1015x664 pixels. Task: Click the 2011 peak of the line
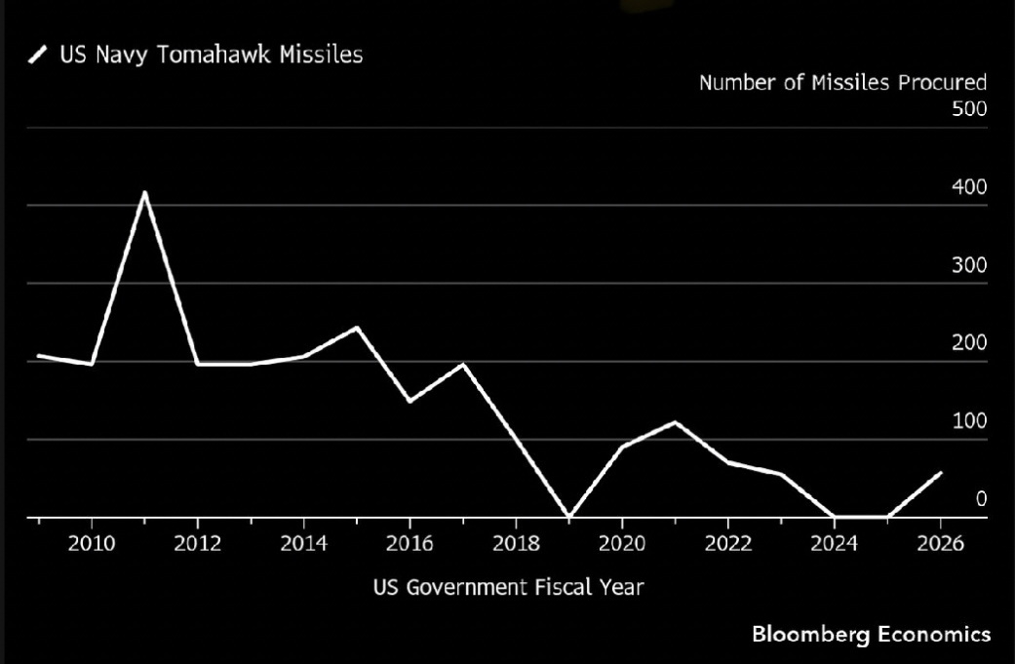click(x=144, y=193)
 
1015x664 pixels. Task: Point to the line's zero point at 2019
click(x=569, y=516)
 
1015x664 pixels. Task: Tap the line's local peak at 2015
click(x=357, y=328)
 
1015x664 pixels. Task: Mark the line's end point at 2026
click(x=941, y=473)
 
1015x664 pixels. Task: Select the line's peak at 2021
click(x=676, y=422)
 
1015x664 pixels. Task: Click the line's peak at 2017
click(x=463, y=364)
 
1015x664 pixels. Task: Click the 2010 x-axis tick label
click(x=92, y=543)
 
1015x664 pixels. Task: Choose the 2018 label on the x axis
click(x=516, y=543)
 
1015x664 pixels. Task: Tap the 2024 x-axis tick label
click(x=835, y=543)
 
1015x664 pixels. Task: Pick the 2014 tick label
click(x=304, y=543)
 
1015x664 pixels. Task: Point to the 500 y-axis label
click(x=969, y=108)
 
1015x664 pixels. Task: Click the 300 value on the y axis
click(x=969, y=265)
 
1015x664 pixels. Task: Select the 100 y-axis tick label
click(x=969, y=421)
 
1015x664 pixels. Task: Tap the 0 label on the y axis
click(x=981, y=499)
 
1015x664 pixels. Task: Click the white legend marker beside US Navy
click(x=38, y=56)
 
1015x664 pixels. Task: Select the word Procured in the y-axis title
click(x=942, y=82)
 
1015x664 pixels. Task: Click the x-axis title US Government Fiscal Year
click(x=508, y=587)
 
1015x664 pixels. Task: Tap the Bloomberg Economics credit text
click(x=871, y=635)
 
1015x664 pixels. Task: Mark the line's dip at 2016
click(x=410, y=401)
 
